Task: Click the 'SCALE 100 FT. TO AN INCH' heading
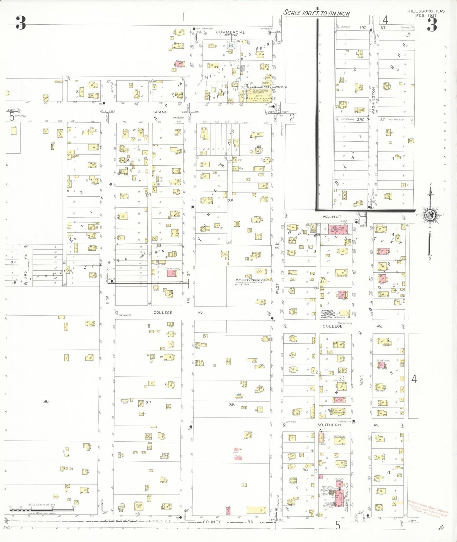pos(317,13)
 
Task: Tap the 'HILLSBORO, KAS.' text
pos(426,11)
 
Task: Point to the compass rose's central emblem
pos(430,215)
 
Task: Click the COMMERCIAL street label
pos(231,32)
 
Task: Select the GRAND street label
pos(160,112)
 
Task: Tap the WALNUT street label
pos(332,217)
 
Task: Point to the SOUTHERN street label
pos(329,425)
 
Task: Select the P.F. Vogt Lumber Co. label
pos(250,280)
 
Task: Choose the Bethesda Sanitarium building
pos(338,412)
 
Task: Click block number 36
pos(46,401)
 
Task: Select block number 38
pos(232,404)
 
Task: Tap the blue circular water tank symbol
pos(231,46)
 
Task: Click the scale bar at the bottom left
pos(41,509)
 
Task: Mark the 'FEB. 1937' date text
pos(426,15)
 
